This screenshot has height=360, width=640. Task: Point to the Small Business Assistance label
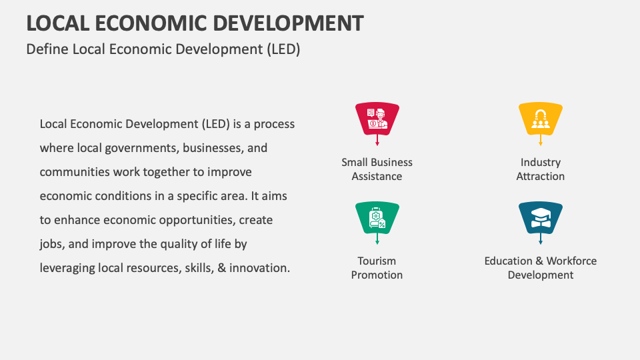click(377, 169)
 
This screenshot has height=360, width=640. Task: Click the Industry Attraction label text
click(541, 169)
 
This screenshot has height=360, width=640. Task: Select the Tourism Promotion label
click(377, 268)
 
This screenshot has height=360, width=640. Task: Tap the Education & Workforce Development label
click(541, 268)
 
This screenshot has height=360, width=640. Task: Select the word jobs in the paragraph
click(51, 244)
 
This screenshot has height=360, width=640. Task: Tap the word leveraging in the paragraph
click(67, 268)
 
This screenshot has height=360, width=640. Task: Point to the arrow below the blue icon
click(541, 240)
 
